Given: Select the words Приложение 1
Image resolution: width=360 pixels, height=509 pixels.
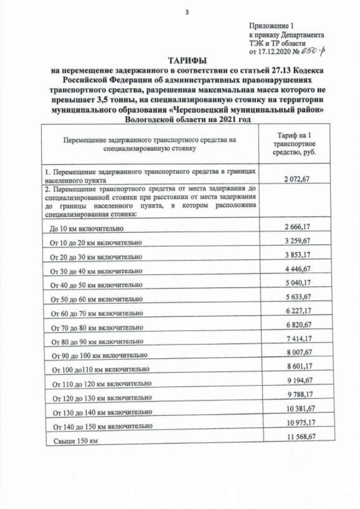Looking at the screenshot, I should pyautogui.click(x=271, y=26).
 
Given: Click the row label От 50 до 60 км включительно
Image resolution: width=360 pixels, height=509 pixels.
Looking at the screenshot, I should pyautogui.click(x=96, y=299).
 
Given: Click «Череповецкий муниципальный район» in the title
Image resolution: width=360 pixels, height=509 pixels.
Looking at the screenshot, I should pyautogui.click(x=255, y=111).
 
